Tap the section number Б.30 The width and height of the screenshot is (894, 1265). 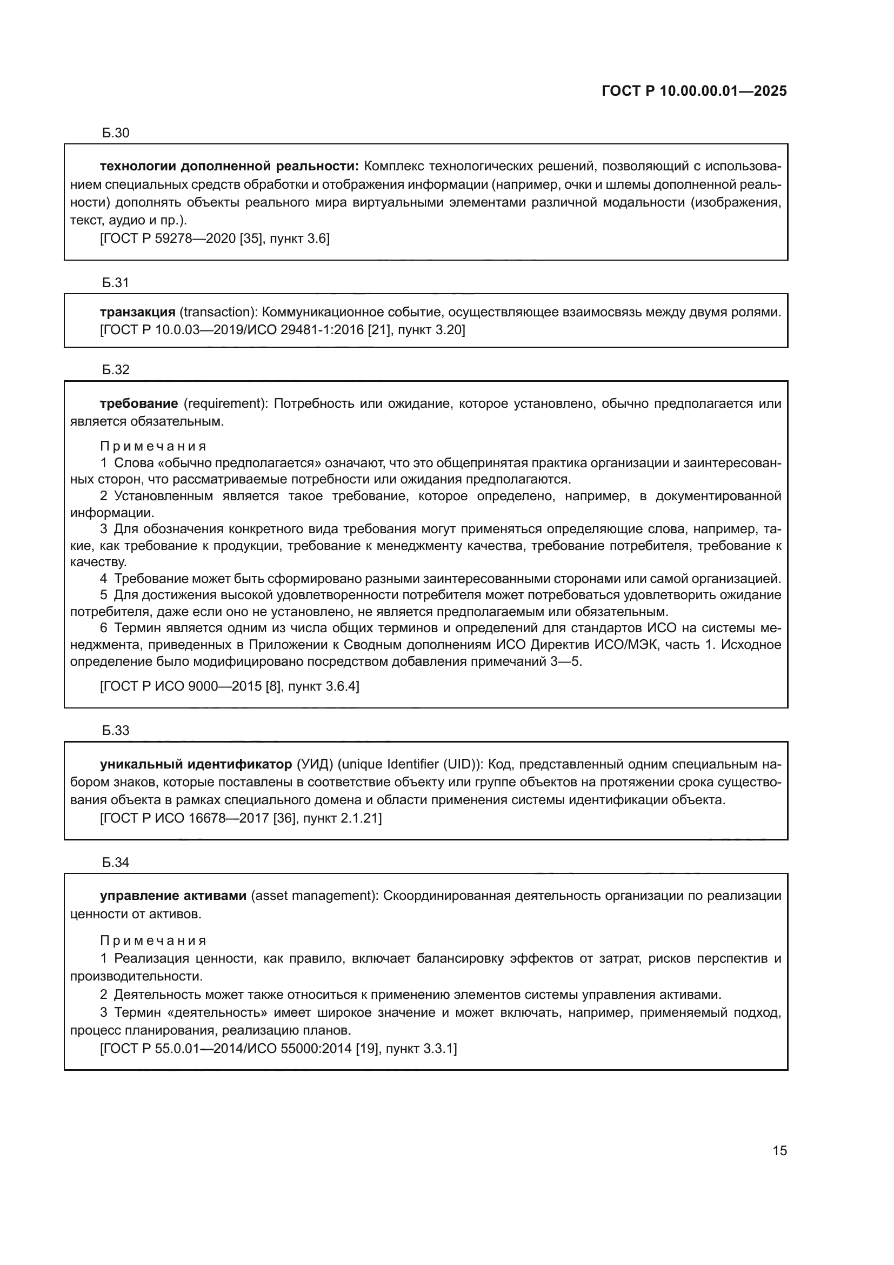tap(116, 133)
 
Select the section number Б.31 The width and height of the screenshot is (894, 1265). tap(116, 283)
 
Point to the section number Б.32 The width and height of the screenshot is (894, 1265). tap(116, 370)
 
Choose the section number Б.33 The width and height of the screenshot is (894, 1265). tap(116, 731)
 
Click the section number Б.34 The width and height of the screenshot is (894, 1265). tap(116, 863)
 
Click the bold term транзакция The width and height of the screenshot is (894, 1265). tap(138, 313)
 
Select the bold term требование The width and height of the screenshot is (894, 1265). tap(139, 404)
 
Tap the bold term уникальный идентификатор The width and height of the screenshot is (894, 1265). tap(196, 765)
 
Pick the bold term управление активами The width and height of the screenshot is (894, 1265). tap(173, 896)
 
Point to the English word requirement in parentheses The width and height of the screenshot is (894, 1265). tap(225, 404)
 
